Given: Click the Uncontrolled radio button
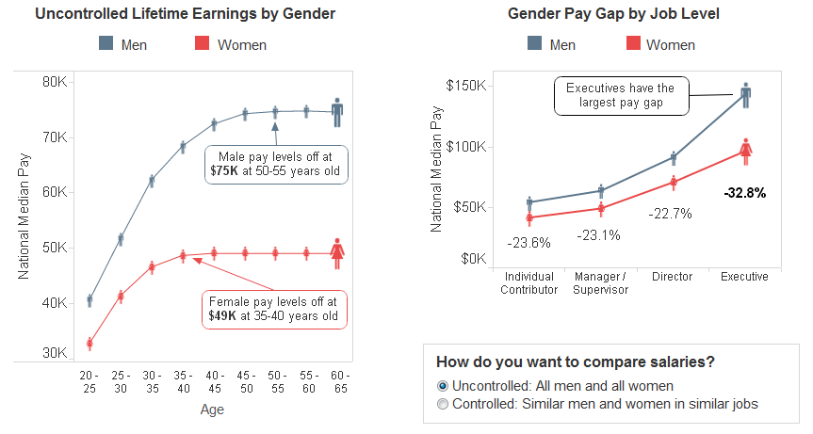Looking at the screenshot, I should click(444, 386).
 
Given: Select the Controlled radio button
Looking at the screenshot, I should click(444, 404).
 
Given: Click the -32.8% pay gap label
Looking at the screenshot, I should click(744, 192).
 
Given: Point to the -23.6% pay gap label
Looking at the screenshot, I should click(528, 242).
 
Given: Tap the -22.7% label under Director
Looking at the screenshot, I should click(670, 214).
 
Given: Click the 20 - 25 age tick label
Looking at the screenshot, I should click(89, 381).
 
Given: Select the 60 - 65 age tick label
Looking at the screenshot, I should click(337, 381).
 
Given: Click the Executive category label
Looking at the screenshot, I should click(744, 277).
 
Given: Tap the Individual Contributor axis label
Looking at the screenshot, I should click(528, 282).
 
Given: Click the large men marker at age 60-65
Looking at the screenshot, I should click(337, 110).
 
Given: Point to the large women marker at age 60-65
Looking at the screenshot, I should click(337, 251).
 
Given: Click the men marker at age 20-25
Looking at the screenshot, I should click(89, 300).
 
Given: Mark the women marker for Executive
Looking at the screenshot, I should click(744, 150).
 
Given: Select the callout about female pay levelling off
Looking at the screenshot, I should click(274, 309).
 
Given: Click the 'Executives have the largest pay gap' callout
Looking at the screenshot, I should click(621, 96).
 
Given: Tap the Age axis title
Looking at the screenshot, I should click(212, 410).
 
